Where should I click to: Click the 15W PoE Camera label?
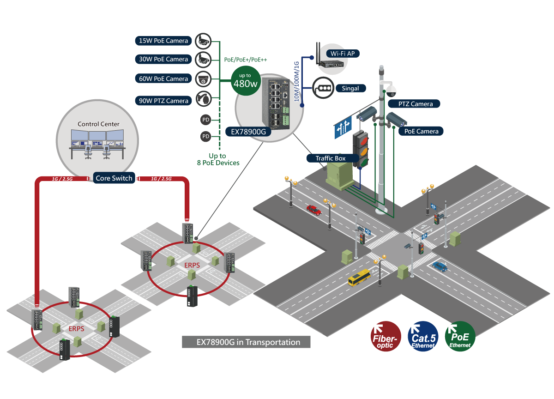pyautogui.click(x=163, y=41)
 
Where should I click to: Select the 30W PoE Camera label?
pyautogui.click(x=163, y=59)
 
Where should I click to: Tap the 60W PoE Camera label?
pyautogui.click(x=163, y=79)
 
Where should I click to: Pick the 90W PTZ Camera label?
pyautogui.click(x=163, y=101)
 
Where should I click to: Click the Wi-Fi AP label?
pyautogui.click(x=342, y=54)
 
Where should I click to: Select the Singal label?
pyautogui.click(x=350, y=88)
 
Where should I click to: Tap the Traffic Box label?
pyautogui.click(x=331, y=158)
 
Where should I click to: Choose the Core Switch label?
pyautogui.click(x=114, y=178)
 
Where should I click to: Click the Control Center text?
pyautogui.click(x=98, y=124)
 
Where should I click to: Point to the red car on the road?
pyautogui.click(x=313, y=210)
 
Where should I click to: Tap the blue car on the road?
pyautogui.click(x=440, y=266)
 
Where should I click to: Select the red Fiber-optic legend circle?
pyautogui.click(x=385, y=336)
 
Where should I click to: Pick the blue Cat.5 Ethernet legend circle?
pyautogui.click(x=423, y=336)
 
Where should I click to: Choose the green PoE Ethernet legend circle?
pyautogui.click(x=460, y=336)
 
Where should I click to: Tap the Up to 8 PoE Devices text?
pyautogui.click(x=217, y=159)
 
